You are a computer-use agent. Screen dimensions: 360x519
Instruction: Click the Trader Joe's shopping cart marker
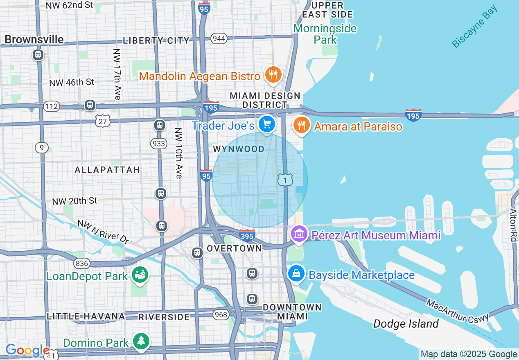[267, 124]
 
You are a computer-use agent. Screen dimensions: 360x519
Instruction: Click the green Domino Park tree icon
[141, 341]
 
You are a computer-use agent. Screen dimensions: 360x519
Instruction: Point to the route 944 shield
[219, 38]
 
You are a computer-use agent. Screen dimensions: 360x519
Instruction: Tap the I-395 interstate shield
[247, 235]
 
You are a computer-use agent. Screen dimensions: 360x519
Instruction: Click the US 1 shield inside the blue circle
[285, 180]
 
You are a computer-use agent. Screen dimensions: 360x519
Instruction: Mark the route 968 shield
[220, 314]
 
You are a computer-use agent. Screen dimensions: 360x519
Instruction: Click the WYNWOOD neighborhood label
[239, 149]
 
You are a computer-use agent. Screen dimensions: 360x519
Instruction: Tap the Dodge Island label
[406, 324]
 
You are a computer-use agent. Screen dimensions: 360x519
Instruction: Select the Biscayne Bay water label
[475, 27]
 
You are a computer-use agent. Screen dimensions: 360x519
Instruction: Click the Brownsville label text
[34, 39]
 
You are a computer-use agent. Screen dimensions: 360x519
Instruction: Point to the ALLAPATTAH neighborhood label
[107, 169]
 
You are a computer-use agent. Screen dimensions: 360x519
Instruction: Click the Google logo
[27, 350]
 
